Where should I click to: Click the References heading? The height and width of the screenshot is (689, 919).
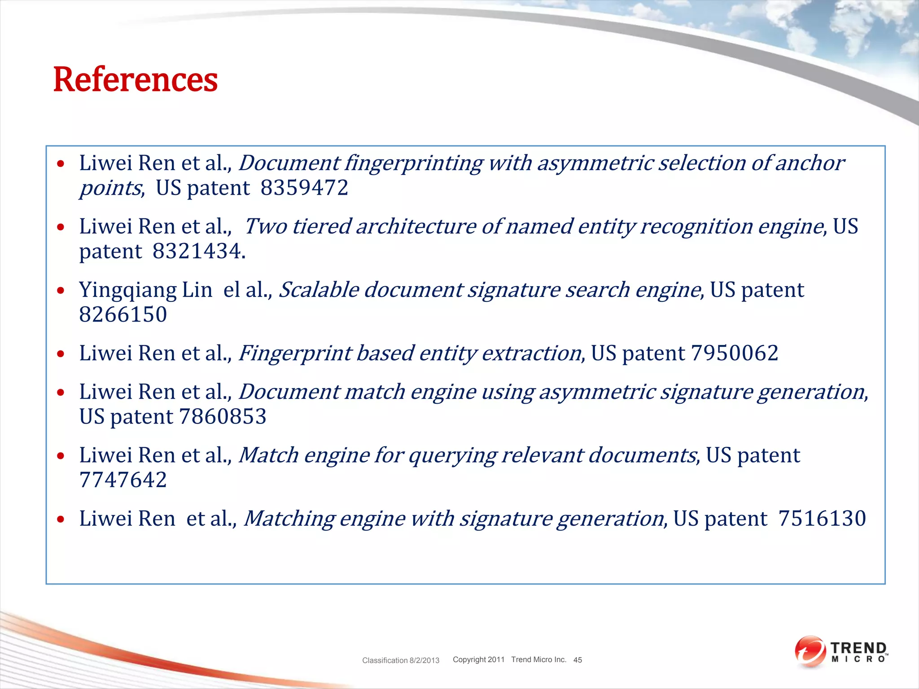tap(135, 80)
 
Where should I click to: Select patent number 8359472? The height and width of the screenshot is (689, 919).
tap(304, 188)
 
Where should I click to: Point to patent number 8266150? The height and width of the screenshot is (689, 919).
tap(123, 314)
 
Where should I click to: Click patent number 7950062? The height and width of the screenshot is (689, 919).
tap(735, 353)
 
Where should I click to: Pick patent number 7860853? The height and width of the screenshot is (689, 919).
tap(223, 417)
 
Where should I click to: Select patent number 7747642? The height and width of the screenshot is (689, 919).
tap(123, 480)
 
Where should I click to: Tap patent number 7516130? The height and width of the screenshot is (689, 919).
tap(822, 519)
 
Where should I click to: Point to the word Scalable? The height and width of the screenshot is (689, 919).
tap(319, 290)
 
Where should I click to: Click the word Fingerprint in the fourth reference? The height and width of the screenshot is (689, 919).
tap(295, 353)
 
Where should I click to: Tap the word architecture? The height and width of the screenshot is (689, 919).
tap(416, 227)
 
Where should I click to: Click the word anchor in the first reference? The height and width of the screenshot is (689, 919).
tap(810, 163)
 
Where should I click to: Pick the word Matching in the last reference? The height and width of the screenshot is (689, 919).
tap(289, 519)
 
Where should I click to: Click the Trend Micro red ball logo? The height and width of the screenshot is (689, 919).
tap(810, 651)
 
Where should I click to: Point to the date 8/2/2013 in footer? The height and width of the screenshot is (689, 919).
tap(424, 660)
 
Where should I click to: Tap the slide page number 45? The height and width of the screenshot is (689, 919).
tap(578, 660)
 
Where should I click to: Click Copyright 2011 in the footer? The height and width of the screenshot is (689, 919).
tap(478, 659)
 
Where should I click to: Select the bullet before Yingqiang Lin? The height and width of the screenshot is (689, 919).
tap(61, 291)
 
